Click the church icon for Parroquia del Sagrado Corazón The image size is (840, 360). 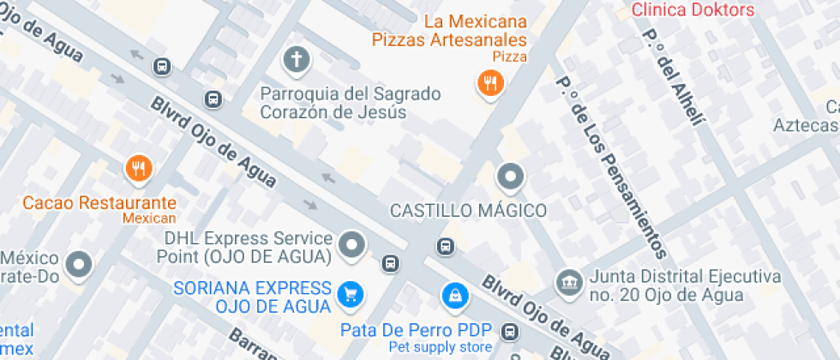coord(296,60)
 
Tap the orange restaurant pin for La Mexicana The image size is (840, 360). coord(489,83)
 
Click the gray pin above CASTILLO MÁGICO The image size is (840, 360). coord(511,177)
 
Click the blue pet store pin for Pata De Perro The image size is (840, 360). coord(453,296)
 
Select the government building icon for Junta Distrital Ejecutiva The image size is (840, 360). coord(567,280)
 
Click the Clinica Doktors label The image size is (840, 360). coord(693,10)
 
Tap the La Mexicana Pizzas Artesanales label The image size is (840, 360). coord(449,30)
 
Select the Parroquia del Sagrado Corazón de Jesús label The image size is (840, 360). coord(350,102)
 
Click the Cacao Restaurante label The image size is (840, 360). coord(99,203)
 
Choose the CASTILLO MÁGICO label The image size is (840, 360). coord(468,210)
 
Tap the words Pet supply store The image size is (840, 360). coord(441,346)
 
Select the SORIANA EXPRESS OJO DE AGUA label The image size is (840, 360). coord(252,297)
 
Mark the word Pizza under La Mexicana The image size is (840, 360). coord(509,57)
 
